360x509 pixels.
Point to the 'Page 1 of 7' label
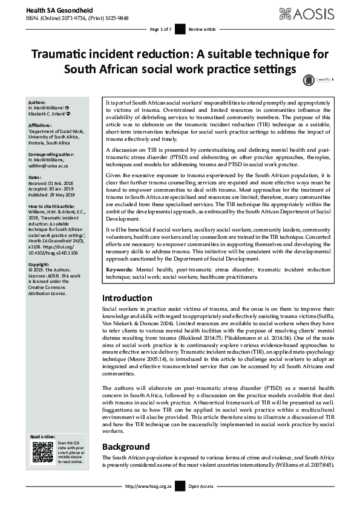[x=160, y=29]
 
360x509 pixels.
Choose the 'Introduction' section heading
[x=127, y=298]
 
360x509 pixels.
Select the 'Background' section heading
[x=125, y=447]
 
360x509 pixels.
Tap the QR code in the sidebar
[x=42, y=453]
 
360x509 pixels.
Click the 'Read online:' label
[x=42, y=436]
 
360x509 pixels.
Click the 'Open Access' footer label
[x=202, y=502]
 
